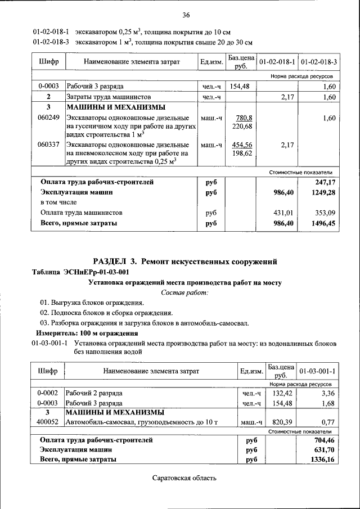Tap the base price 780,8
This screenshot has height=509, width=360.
243,118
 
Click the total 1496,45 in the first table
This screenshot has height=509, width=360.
323,223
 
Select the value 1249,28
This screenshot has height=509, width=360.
323,192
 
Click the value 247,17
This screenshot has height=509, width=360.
325,182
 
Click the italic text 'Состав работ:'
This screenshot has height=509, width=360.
184,292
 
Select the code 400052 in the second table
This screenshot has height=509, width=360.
48,422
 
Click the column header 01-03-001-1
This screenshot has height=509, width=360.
318,371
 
